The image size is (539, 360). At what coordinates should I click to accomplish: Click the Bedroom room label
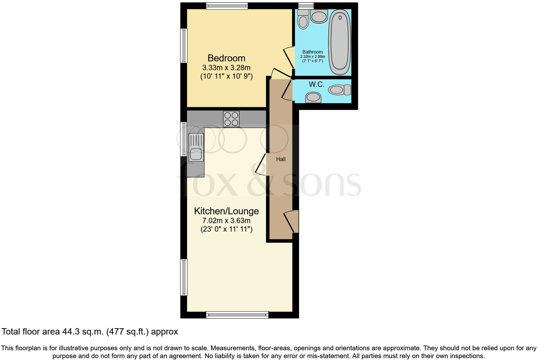pyautogui.click(x=226, y=58)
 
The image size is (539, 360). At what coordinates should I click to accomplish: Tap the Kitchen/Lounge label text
pyautogui.click(x=226, y=211)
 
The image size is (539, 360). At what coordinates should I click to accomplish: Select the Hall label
pyautogui.click(x=281, y=159)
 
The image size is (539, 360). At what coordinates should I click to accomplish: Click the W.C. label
pyautogui.click(x=316, y=84)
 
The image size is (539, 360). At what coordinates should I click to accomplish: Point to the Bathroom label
pyautogui.click(x=313, y=52)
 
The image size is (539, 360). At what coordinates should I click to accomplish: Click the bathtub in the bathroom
pyautogui.click(x=339, y=42)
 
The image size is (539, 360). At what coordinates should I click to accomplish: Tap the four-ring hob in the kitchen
pyautogui.click(x=231, y=119)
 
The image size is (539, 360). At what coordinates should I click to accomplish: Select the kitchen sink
pyautogui.click(x=196, y=147)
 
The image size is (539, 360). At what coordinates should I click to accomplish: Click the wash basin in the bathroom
pyautogui.click(x=319, y=16)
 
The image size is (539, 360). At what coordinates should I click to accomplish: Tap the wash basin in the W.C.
pyautogui.click(x=313, y=97)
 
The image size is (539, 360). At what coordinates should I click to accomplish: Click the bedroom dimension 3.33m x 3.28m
pyautogui.click(x=226, y=68)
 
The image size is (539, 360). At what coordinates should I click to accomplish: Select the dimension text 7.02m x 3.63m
pyautogui.click(x=226, y=221)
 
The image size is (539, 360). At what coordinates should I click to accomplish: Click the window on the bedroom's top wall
pyautogui.click(x=227, y=6)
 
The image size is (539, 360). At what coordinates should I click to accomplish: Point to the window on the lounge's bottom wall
pyautogui.click(x=237, y=315)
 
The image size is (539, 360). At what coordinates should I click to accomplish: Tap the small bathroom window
pyautogui.click(x=306, y=6)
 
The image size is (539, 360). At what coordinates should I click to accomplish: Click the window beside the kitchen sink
pyautogui.click(x=183, y=139)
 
